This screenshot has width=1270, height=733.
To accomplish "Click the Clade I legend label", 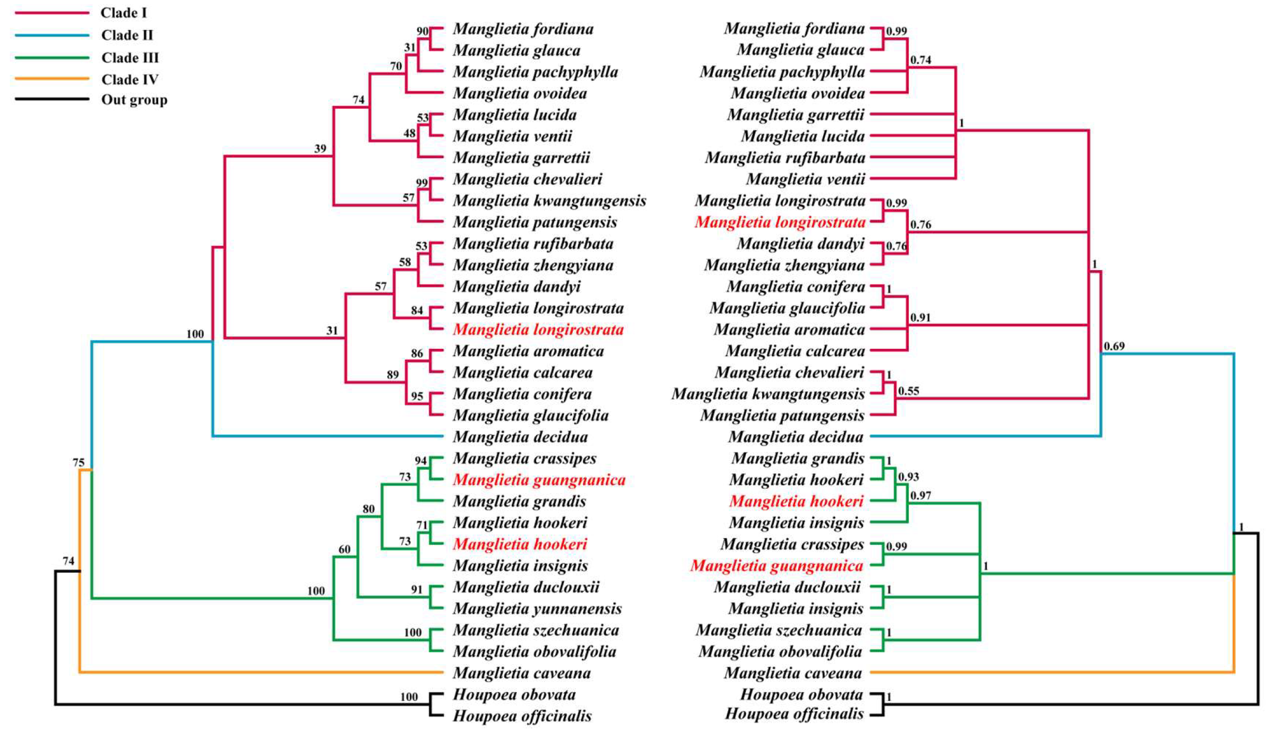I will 123,12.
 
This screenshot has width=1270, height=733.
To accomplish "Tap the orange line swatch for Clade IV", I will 52,79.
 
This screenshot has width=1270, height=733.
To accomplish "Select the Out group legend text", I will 134,100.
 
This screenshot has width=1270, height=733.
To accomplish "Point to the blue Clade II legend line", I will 52,35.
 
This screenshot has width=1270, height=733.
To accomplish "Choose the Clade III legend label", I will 130,58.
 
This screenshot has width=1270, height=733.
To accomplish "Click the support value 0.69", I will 1114,346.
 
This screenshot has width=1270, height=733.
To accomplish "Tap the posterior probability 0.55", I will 909,391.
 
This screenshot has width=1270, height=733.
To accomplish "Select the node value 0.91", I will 920,317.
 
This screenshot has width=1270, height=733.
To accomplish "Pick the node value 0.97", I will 921,496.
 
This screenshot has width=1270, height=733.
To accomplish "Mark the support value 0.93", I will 908,476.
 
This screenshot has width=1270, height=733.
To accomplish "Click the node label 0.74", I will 921,60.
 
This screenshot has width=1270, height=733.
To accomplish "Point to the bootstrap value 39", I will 320,149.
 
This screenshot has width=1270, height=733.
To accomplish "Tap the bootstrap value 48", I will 410,133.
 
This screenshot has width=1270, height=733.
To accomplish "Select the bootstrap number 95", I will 417,397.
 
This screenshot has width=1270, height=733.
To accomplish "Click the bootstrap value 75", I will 78,462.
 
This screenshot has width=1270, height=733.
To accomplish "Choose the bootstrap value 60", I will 344,549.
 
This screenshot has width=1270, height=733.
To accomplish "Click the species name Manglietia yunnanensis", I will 537,609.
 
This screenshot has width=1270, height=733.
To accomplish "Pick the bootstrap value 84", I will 417,311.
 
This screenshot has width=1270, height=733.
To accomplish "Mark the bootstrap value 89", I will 392,375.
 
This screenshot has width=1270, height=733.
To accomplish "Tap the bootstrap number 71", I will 422,526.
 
